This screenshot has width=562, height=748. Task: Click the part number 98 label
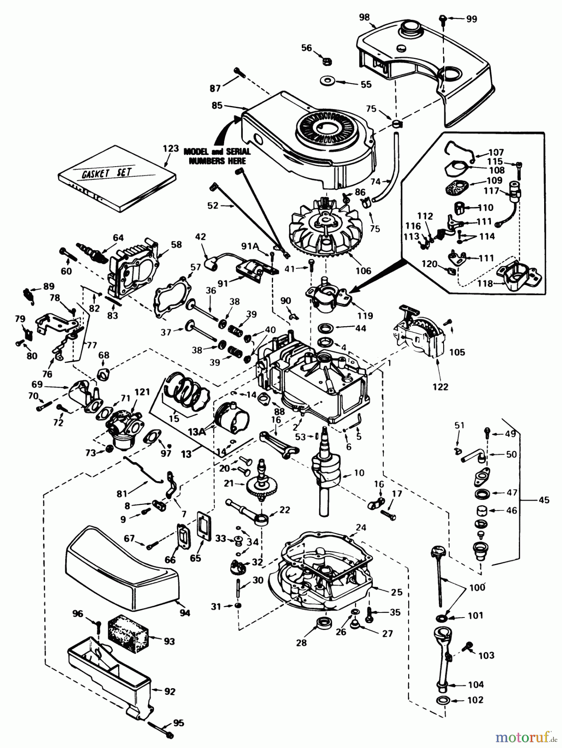pos(365,17)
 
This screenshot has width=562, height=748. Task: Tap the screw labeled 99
pos(444,18)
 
